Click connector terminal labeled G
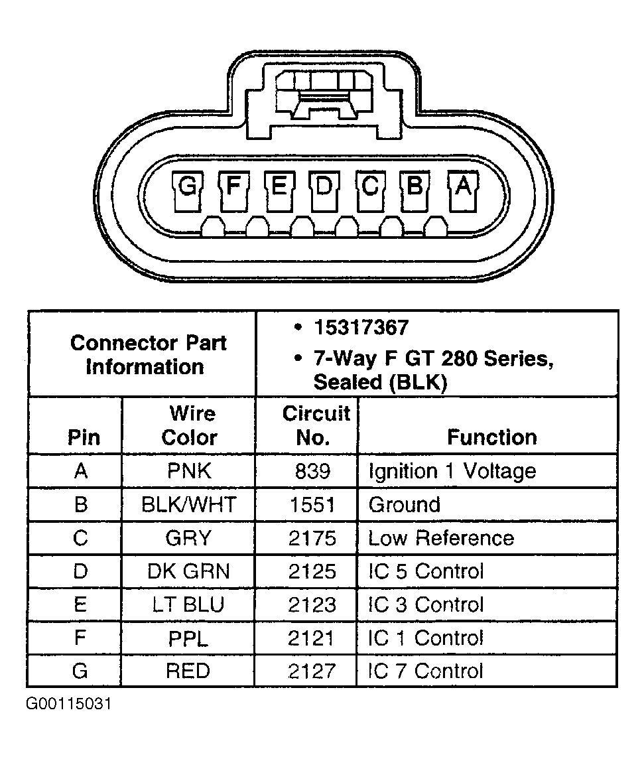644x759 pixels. (188, 188)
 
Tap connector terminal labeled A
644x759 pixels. (463, 188)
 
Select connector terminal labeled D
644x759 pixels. (324, 188)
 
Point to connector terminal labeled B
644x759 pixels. (415, 188)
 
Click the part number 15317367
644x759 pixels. (361, 328)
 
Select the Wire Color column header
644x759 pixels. (190, 425)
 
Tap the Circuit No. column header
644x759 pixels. (316, 425)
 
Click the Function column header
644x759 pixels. (491, 437)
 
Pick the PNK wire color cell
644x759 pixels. (190, 472)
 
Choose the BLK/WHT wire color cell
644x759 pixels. (189, 505)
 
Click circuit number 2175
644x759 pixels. (312, 538)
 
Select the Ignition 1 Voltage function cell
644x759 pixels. (452, 472)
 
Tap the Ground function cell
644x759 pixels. (404, 505)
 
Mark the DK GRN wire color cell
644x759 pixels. (189, 571)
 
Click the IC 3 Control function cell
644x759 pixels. (426, 604)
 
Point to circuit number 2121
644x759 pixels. (312, 638)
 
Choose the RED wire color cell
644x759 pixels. (188, 671)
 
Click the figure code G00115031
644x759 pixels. (68, 703)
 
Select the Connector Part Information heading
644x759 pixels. (147, 354)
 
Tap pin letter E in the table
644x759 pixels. (80, 604)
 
